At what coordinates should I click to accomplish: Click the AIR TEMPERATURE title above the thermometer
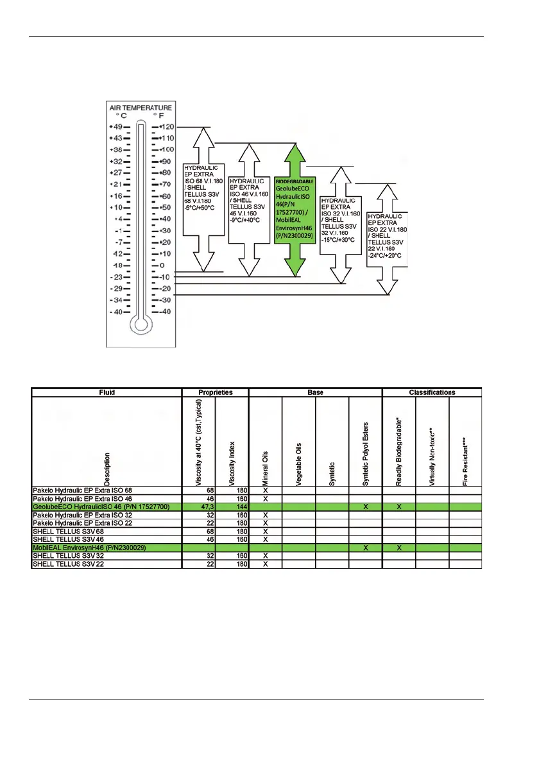pyautogui.click(x=141, y=107)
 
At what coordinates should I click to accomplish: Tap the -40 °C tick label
pyautogui.click(x=117, y=312)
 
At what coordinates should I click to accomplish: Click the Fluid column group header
pyautogui.click(x=107, y=392)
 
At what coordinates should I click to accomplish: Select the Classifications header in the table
pyautogui.click(x=432, y=392)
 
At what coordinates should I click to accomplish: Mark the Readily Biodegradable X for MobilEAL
pyautogui.click(x=399, y=548)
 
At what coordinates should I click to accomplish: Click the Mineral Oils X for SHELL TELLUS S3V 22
pyautogui.click(x=265, y=564)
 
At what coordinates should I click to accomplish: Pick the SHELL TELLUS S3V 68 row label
pyautogui.click(x=68, y=532)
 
